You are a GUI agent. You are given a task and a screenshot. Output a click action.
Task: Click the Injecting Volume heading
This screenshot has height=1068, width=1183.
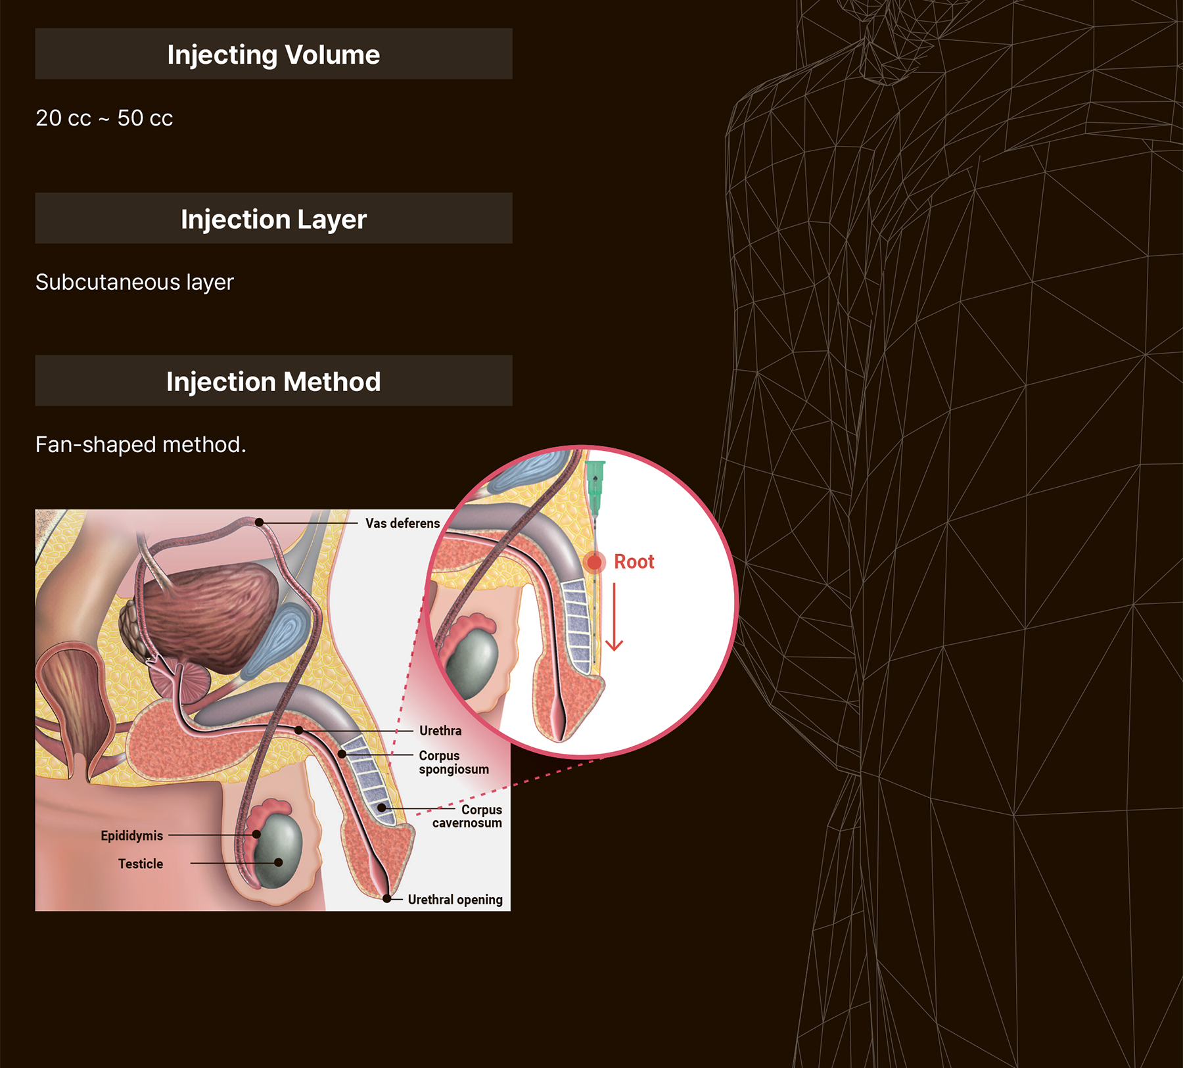point(273,55)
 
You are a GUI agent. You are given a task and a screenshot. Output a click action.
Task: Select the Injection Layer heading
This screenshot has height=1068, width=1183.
point(273,219)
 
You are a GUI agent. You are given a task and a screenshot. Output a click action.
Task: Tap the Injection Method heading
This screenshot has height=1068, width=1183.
point(273,382)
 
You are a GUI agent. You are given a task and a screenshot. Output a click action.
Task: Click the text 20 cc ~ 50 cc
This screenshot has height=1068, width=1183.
point(104,118)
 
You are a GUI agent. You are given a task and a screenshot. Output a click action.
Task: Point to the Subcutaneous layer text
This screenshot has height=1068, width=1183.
point(134,282)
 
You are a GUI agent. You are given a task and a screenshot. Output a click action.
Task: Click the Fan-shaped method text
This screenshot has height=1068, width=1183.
point(141,445)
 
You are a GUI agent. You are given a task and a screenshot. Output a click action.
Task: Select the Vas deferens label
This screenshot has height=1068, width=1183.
point(402,523)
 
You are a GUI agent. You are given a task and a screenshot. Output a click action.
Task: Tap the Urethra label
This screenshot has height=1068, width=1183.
point(440,731)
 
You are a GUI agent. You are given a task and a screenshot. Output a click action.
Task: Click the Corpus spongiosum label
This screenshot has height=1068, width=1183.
point(453,762)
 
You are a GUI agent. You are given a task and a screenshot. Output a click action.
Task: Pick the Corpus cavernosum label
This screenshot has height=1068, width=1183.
point(468,816)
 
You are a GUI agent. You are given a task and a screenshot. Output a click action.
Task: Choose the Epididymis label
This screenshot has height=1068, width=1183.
point(131,835)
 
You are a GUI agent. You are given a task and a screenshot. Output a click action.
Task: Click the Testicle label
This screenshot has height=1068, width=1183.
point(141,864)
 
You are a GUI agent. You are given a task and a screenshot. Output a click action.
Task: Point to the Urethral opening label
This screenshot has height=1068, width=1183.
point(455,900)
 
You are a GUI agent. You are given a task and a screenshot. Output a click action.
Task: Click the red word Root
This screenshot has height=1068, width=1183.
point(634,562)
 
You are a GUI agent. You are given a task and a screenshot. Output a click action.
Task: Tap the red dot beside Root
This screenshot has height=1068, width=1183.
point(594,563)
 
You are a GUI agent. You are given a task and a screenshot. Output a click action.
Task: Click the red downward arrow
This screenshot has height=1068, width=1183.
point(615,618)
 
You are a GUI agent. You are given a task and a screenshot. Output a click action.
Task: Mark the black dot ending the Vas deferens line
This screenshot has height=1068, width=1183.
point(260,522)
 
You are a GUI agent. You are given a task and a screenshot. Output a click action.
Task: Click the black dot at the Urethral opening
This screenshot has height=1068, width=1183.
point(387,898)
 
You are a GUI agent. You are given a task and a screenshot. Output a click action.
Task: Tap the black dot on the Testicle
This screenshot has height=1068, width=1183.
point(279,862)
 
